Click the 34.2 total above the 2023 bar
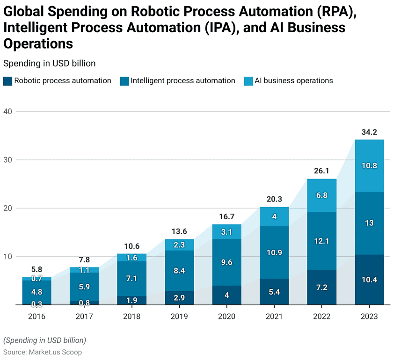pyautogui.click(x=369, y=132)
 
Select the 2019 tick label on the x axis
pyautogui.click(x=179, y=317)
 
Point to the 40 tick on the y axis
pyautogui.click(x=8, y=111)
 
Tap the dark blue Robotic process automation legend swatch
pyautogui.click(x=7, y=81)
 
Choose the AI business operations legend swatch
pyautogui.click(x=248, y=81)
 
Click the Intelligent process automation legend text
pyautogui.click(x=183, y=80)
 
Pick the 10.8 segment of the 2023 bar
pyautogui.click(x=369, y=166)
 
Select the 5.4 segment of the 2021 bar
pyautogui.click(x=274, y=292)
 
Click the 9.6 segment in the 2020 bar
pyautogui.click(x=227, y=262)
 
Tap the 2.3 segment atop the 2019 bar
pyautogui.click(x=179, y=245)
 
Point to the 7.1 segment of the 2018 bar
pyautogui.click(x=132, y=278)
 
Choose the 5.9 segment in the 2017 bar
pyautogui.click(x=84, y=287)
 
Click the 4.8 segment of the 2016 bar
pyautogui.click(x=37, y=292)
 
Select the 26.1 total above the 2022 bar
pyautogui.click(x=322, y=172)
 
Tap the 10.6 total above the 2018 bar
pyautogui.click(x=132, y=246)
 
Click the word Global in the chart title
pyautogui.click(x=28, y=12)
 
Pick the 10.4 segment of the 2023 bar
pyautogui.click(x=369, y=280)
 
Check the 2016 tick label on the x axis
pyautogui.click(x=37, y=317)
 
